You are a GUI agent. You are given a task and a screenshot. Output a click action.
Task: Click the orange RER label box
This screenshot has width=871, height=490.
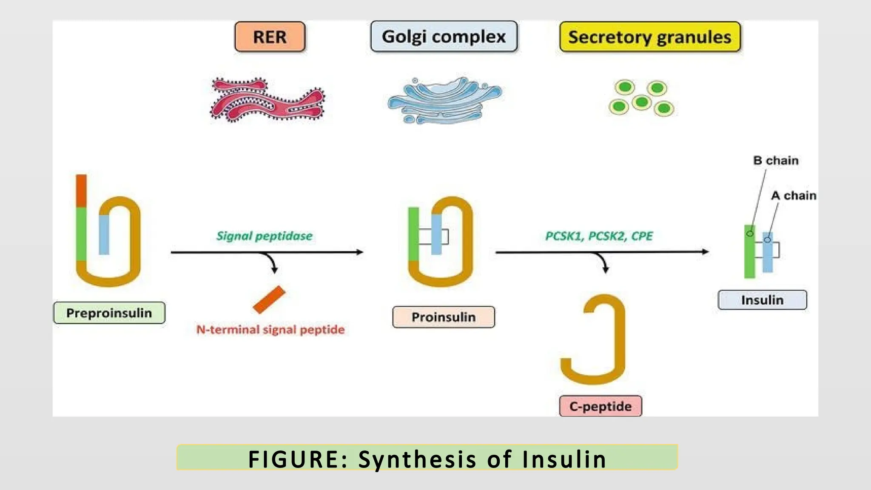tap(270, 37)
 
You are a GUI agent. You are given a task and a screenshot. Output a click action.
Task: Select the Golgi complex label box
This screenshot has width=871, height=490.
tap(444, 37)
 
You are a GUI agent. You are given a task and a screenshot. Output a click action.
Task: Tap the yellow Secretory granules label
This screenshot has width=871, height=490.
tap(650, 37)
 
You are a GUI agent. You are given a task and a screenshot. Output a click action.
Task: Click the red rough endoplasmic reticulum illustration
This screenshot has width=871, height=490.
tap(267, 100)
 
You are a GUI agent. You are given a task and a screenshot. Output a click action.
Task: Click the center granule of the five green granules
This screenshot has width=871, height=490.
tap(641, 102)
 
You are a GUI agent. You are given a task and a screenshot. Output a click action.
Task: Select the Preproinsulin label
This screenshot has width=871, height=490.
tap(109, 313)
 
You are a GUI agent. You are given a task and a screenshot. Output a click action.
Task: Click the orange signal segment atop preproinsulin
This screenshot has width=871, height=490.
tap(81, 191)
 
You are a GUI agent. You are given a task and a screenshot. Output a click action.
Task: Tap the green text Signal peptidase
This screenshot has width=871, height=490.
tap(264, 236)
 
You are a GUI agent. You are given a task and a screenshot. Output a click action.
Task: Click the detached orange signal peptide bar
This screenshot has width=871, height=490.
tap(269, 299)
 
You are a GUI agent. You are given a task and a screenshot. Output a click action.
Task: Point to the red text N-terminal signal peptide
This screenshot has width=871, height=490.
tap(270, 330)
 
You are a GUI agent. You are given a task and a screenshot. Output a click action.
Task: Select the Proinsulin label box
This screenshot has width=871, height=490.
tap(443, 317)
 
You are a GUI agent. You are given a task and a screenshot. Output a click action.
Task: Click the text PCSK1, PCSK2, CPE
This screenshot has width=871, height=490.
tap(598, 236)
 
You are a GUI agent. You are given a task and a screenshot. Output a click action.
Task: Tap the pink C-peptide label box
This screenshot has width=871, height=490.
tap(600, 406)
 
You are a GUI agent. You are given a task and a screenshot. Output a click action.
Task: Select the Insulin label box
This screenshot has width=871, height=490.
tap(762, 300)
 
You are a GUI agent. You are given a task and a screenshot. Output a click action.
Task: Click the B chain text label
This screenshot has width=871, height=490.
tap(776, 161)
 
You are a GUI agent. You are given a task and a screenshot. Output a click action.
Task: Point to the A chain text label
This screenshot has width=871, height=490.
tap(793, 196)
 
